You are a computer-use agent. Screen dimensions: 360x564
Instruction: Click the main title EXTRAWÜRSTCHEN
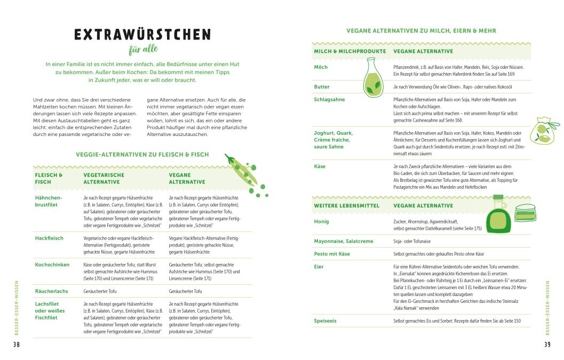click(x=142, y=36)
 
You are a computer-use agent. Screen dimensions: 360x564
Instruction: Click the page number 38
click(x=16, y=345)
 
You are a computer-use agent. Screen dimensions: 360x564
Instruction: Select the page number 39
click(x=547, y=345)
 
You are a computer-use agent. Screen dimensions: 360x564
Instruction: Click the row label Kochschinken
click(x=52, y=265)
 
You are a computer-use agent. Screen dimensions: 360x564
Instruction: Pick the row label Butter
click(x=322, y=86)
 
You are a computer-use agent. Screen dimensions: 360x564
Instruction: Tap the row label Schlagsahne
click(x=329, y=99)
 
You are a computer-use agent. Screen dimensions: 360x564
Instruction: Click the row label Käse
click(x=320, y=166)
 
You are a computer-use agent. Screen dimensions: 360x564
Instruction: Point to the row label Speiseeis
click(x=325, y=321)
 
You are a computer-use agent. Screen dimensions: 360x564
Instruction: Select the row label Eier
click(x=319, y=267)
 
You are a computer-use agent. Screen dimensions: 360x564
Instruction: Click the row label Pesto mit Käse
click(x=332, y=254)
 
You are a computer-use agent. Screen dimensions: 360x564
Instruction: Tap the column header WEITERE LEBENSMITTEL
click(x=346, y=205)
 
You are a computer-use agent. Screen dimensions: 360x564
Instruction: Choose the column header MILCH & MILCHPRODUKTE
click(x=349, y=51)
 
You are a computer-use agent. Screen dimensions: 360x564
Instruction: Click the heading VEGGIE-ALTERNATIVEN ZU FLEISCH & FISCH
click(x=142, y=155)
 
